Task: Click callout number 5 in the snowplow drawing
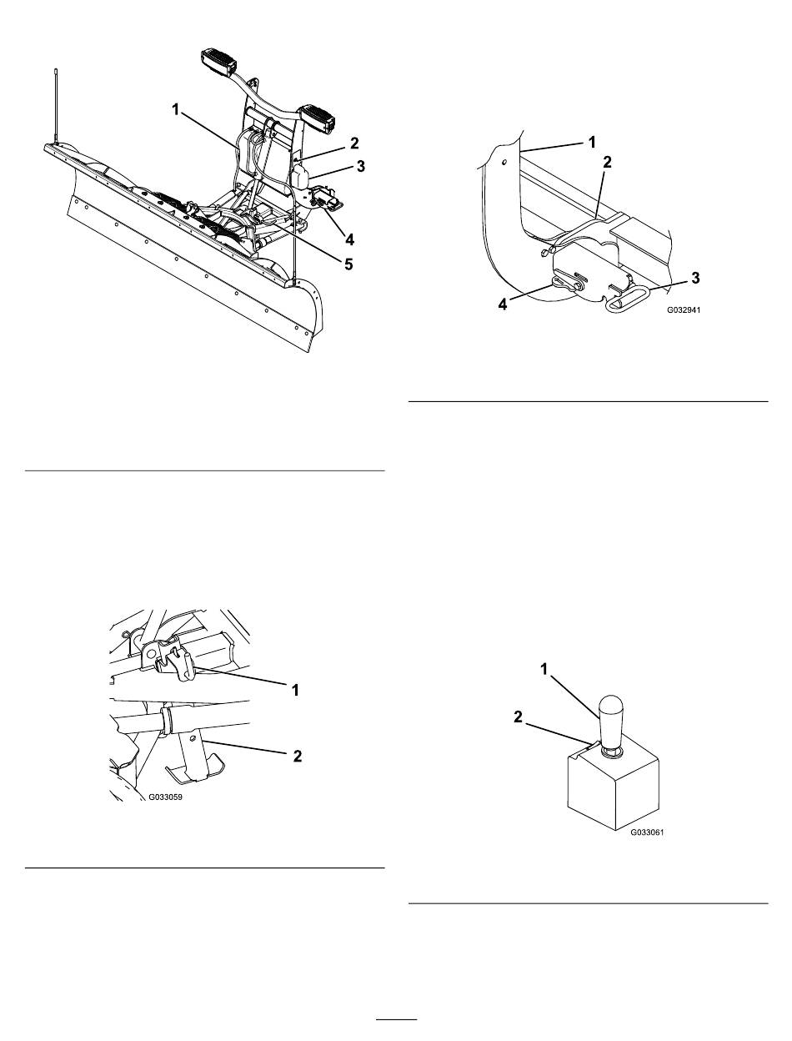point(348,264)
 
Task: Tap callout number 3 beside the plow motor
point(361,167)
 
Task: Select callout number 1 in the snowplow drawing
point(175,110)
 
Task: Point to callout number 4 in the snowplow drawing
point(349,239)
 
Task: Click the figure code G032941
point(684,310)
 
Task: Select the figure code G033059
point(165,797)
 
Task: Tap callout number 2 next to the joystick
point(518,717)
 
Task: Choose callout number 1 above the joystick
point(544,669)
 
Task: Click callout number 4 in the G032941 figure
point(503,304)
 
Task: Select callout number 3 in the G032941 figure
point(695,278)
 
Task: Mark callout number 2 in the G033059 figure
point(297,756)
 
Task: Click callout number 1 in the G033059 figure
point(295,691)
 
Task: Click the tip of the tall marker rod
point(56,70)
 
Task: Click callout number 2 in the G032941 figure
point(608,162)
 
